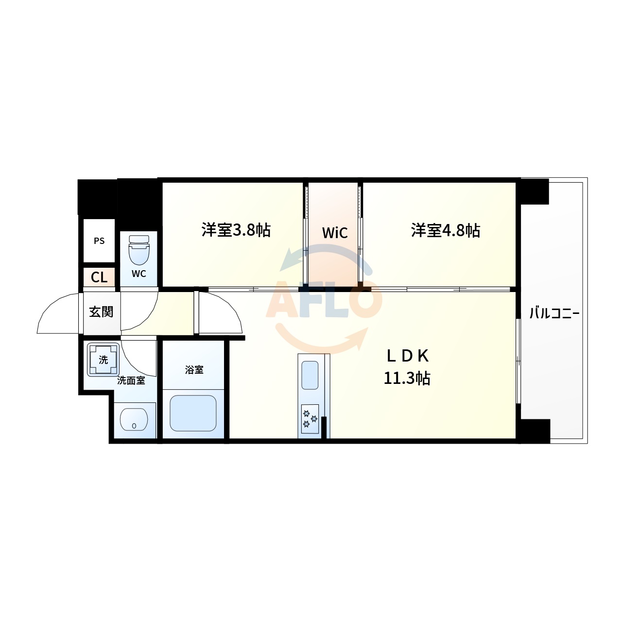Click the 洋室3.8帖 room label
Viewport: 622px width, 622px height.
pos(236,230)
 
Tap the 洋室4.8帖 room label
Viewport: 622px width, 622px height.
pos(446,230)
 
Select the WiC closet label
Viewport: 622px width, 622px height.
pos(335,233)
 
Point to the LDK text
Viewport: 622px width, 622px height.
pos(407,356)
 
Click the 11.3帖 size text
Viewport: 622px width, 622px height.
pos(407,378)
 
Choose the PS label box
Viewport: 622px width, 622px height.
pos(99,241)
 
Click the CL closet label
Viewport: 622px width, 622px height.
pos(99,277)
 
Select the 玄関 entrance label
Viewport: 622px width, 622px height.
pos(101,312)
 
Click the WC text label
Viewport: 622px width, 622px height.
pos(138,274)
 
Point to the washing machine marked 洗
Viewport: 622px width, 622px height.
pos(103,360)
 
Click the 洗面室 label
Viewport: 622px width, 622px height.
pos(131,381)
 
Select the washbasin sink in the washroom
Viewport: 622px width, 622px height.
pos(134,419)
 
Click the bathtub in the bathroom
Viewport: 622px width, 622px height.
pos(193,413)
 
